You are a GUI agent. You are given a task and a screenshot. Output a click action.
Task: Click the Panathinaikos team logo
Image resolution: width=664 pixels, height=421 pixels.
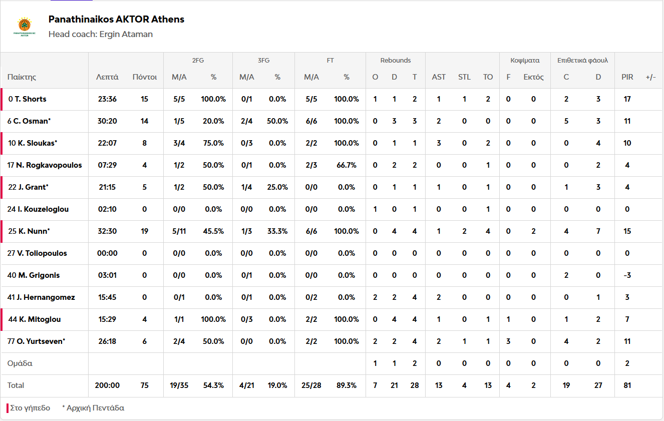(24, 27)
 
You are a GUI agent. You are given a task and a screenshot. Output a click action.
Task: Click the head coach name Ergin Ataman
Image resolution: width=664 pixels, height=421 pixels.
(126, 35)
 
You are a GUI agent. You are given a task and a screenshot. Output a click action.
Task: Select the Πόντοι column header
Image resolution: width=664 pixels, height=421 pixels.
(145, 77)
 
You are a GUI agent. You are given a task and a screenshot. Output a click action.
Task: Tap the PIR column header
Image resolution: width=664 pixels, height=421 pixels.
(627, 77)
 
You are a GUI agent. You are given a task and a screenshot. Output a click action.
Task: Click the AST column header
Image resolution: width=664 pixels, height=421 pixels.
(439, 77)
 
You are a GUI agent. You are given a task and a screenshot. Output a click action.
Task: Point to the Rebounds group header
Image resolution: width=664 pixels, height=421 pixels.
(395, 61)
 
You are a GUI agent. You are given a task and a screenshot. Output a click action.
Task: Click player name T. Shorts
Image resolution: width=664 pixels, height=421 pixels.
(31, 99)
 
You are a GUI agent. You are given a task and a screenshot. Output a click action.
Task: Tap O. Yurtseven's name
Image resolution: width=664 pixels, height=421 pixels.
(41, 341)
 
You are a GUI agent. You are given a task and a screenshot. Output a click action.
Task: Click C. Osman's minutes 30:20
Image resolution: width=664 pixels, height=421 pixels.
(107, 121)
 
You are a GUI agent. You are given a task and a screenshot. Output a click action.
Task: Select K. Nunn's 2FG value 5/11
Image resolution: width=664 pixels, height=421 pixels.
(179, 231)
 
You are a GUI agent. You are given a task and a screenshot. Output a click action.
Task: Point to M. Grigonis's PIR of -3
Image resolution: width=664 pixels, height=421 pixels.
(627, 275)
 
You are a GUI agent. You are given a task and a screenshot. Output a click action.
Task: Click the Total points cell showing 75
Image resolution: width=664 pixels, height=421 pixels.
(145, 385)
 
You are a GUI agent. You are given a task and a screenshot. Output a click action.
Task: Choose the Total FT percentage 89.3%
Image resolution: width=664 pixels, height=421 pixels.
(347, 385)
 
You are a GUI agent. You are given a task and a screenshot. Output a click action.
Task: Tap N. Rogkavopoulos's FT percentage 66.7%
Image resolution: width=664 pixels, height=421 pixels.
(347, 165)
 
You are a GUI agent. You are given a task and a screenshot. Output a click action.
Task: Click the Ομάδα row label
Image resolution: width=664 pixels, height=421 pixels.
(20, 363)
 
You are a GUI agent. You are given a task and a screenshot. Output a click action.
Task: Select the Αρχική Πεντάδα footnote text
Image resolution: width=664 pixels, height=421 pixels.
(96, 408)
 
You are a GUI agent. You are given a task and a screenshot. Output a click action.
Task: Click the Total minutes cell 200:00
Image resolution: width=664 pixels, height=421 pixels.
(107, 385)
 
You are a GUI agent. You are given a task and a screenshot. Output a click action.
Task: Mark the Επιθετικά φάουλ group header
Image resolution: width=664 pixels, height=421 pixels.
(582, 61)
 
